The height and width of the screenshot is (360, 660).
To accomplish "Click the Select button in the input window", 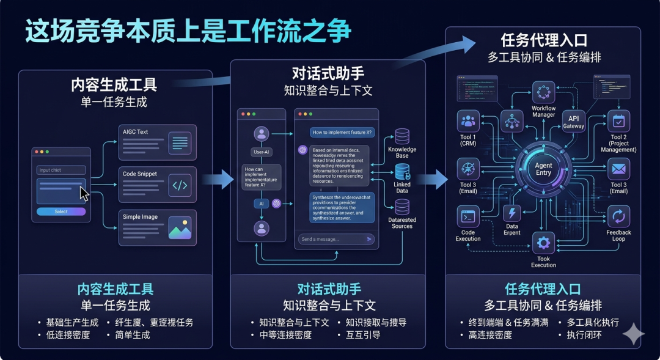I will click(61, 211).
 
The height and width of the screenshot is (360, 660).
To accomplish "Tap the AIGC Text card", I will click(157, 142).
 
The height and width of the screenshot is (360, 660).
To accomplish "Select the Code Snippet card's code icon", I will click(180, 185).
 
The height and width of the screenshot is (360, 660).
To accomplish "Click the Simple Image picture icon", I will click(180, 228).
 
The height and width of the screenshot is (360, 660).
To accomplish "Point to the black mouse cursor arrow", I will click(84, 194).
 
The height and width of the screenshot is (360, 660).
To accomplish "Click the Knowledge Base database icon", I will click(402, 136).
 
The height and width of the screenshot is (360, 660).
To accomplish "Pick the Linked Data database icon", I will click(402, 172).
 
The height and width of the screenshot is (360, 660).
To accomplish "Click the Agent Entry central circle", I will click(543, 169).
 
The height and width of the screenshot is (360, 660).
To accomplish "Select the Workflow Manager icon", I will click(543, 92).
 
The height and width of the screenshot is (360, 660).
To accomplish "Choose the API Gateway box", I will click(573, 122).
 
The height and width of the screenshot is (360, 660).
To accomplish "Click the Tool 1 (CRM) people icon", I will click(469, 121).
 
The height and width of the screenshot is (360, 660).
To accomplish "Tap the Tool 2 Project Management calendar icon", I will click(618, 121).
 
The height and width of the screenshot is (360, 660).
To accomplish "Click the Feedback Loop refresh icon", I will click(618, 216).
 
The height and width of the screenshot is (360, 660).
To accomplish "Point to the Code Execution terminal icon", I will click(468, 216).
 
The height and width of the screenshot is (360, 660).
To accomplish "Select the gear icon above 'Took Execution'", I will click(543, 243).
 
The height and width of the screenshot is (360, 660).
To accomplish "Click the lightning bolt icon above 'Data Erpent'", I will click(512, 213).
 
